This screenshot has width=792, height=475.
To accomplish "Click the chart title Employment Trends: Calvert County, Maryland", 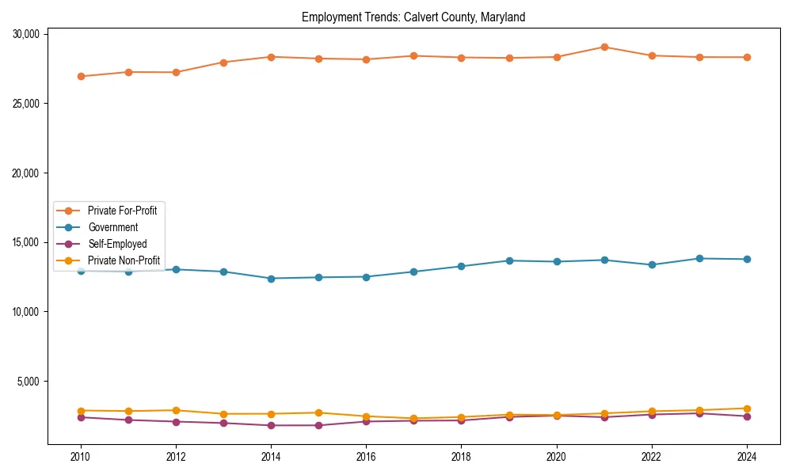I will tap(413, 17).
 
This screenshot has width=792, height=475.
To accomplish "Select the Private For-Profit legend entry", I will tap(122, 211).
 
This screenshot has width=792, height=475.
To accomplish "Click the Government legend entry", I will tap(112, 227).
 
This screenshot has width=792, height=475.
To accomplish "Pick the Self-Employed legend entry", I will tap(117, 244).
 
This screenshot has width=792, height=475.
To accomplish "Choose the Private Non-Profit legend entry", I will tap(124, 260).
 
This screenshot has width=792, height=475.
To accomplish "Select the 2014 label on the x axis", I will tap(271, 457).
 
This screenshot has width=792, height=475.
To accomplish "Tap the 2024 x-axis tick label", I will tap(747, 457).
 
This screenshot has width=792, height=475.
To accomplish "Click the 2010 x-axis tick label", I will tap(80, 457).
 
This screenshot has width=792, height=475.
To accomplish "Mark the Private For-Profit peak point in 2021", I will tap(604, 47).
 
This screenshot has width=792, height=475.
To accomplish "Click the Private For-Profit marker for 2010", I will tap(81, 76).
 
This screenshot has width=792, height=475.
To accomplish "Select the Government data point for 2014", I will tap(271, 279).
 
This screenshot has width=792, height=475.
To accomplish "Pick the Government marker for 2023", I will tap(699, 258).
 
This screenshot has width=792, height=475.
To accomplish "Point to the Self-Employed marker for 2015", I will tap(318, 425).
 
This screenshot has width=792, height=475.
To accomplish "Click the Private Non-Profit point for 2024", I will tap(747, 408).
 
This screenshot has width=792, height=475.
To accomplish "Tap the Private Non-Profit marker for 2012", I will tap(176, 410).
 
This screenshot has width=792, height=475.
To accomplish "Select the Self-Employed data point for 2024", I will tap(747, 416).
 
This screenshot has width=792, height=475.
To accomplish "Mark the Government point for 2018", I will tap(462, 266).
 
